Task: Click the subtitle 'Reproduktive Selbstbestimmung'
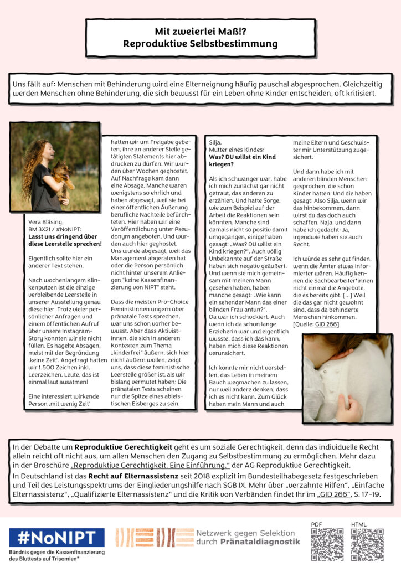point(200,43)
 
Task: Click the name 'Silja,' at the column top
point(215,142)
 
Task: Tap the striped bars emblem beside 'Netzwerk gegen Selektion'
point(153,537)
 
